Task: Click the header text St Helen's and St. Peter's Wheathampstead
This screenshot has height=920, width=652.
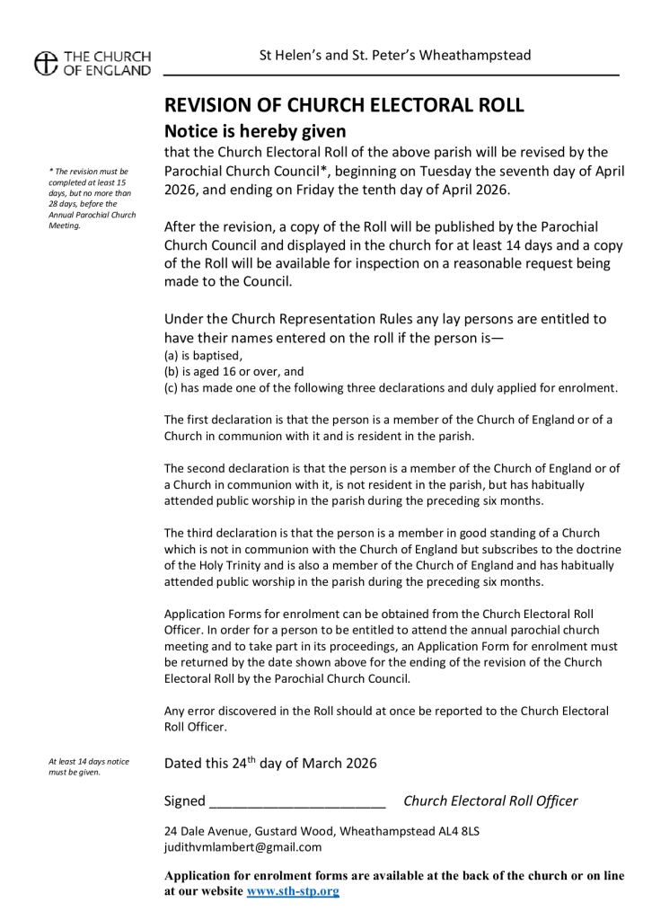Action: tap(394, 56)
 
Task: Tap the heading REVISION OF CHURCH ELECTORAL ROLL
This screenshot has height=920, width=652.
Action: tap(343, 105)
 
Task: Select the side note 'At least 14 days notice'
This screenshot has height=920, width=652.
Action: tap(89, 766)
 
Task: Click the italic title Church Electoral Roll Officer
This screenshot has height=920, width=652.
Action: tap(490, 801)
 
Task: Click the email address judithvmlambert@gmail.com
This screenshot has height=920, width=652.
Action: tap(242, 847)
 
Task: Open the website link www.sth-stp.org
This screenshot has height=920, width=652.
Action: tap(293, 892)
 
